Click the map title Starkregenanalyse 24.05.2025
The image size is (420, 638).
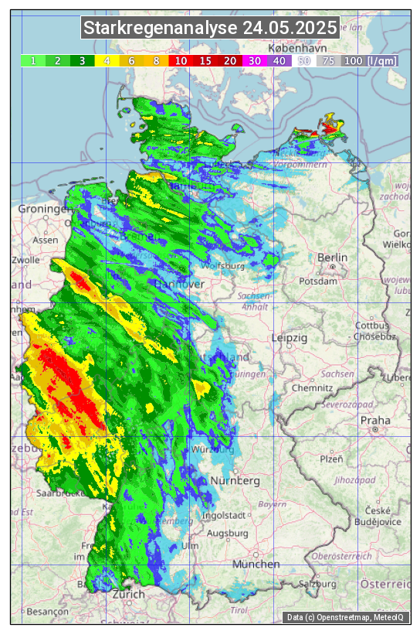coord(210,29)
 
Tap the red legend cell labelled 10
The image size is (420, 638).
coord(180,60)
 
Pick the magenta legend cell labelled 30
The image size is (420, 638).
coord(254,60)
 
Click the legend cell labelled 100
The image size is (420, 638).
coord(353,60)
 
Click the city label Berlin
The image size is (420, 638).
coord(332,258)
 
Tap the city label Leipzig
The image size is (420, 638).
coord(290,338)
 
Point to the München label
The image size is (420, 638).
coord(256,565)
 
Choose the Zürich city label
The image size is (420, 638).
coord(128,594)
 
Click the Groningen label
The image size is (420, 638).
coord(43,210)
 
